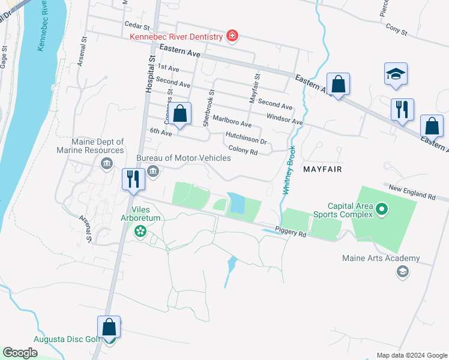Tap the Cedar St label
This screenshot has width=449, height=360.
136,25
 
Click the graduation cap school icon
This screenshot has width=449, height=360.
396,74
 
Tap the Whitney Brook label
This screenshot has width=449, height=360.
288,169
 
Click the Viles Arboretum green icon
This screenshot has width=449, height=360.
140,231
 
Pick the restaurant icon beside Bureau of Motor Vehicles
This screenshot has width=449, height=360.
133,179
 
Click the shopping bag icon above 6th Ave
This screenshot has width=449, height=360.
179,113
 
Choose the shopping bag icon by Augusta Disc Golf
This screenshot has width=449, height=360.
109,328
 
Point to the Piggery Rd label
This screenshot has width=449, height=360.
291,230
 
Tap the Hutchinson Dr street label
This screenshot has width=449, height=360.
246,138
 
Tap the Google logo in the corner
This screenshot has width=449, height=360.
20,353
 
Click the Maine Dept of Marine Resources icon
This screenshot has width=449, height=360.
107,164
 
